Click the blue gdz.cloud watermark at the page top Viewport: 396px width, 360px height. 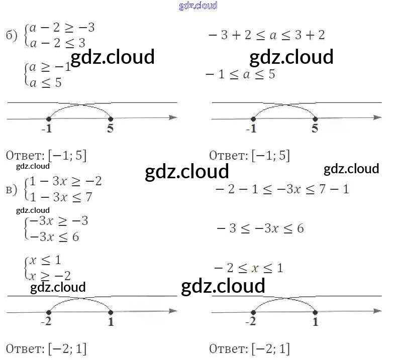tap(198, 6)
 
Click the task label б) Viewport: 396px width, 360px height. tap(11, 35)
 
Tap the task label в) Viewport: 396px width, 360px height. tap(11, 189)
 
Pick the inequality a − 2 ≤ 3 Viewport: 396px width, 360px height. tap(57, 43)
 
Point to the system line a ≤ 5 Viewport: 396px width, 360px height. tap(46, 82)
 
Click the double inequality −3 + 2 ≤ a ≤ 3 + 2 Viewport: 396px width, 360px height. tap(266, 35)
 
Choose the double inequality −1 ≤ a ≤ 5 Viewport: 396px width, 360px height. tap(241, 74)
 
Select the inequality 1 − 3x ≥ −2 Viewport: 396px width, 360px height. tap(66, 181)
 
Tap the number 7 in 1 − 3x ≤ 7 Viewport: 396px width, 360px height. tap(88, 197)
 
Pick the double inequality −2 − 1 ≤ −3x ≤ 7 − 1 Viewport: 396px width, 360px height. tap(281, 189)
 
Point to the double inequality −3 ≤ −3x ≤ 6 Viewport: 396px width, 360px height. tap(260, 228)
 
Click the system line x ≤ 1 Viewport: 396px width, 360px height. tap(45, 261)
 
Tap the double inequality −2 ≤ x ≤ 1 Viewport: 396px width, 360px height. tap(249, 268)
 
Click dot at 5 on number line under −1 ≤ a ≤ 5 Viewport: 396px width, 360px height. tap(315, 119)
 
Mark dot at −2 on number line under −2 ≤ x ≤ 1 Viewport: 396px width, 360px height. tap(253, 312)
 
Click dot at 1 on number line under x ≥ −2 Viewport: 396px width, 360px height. tap(111, 312)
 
